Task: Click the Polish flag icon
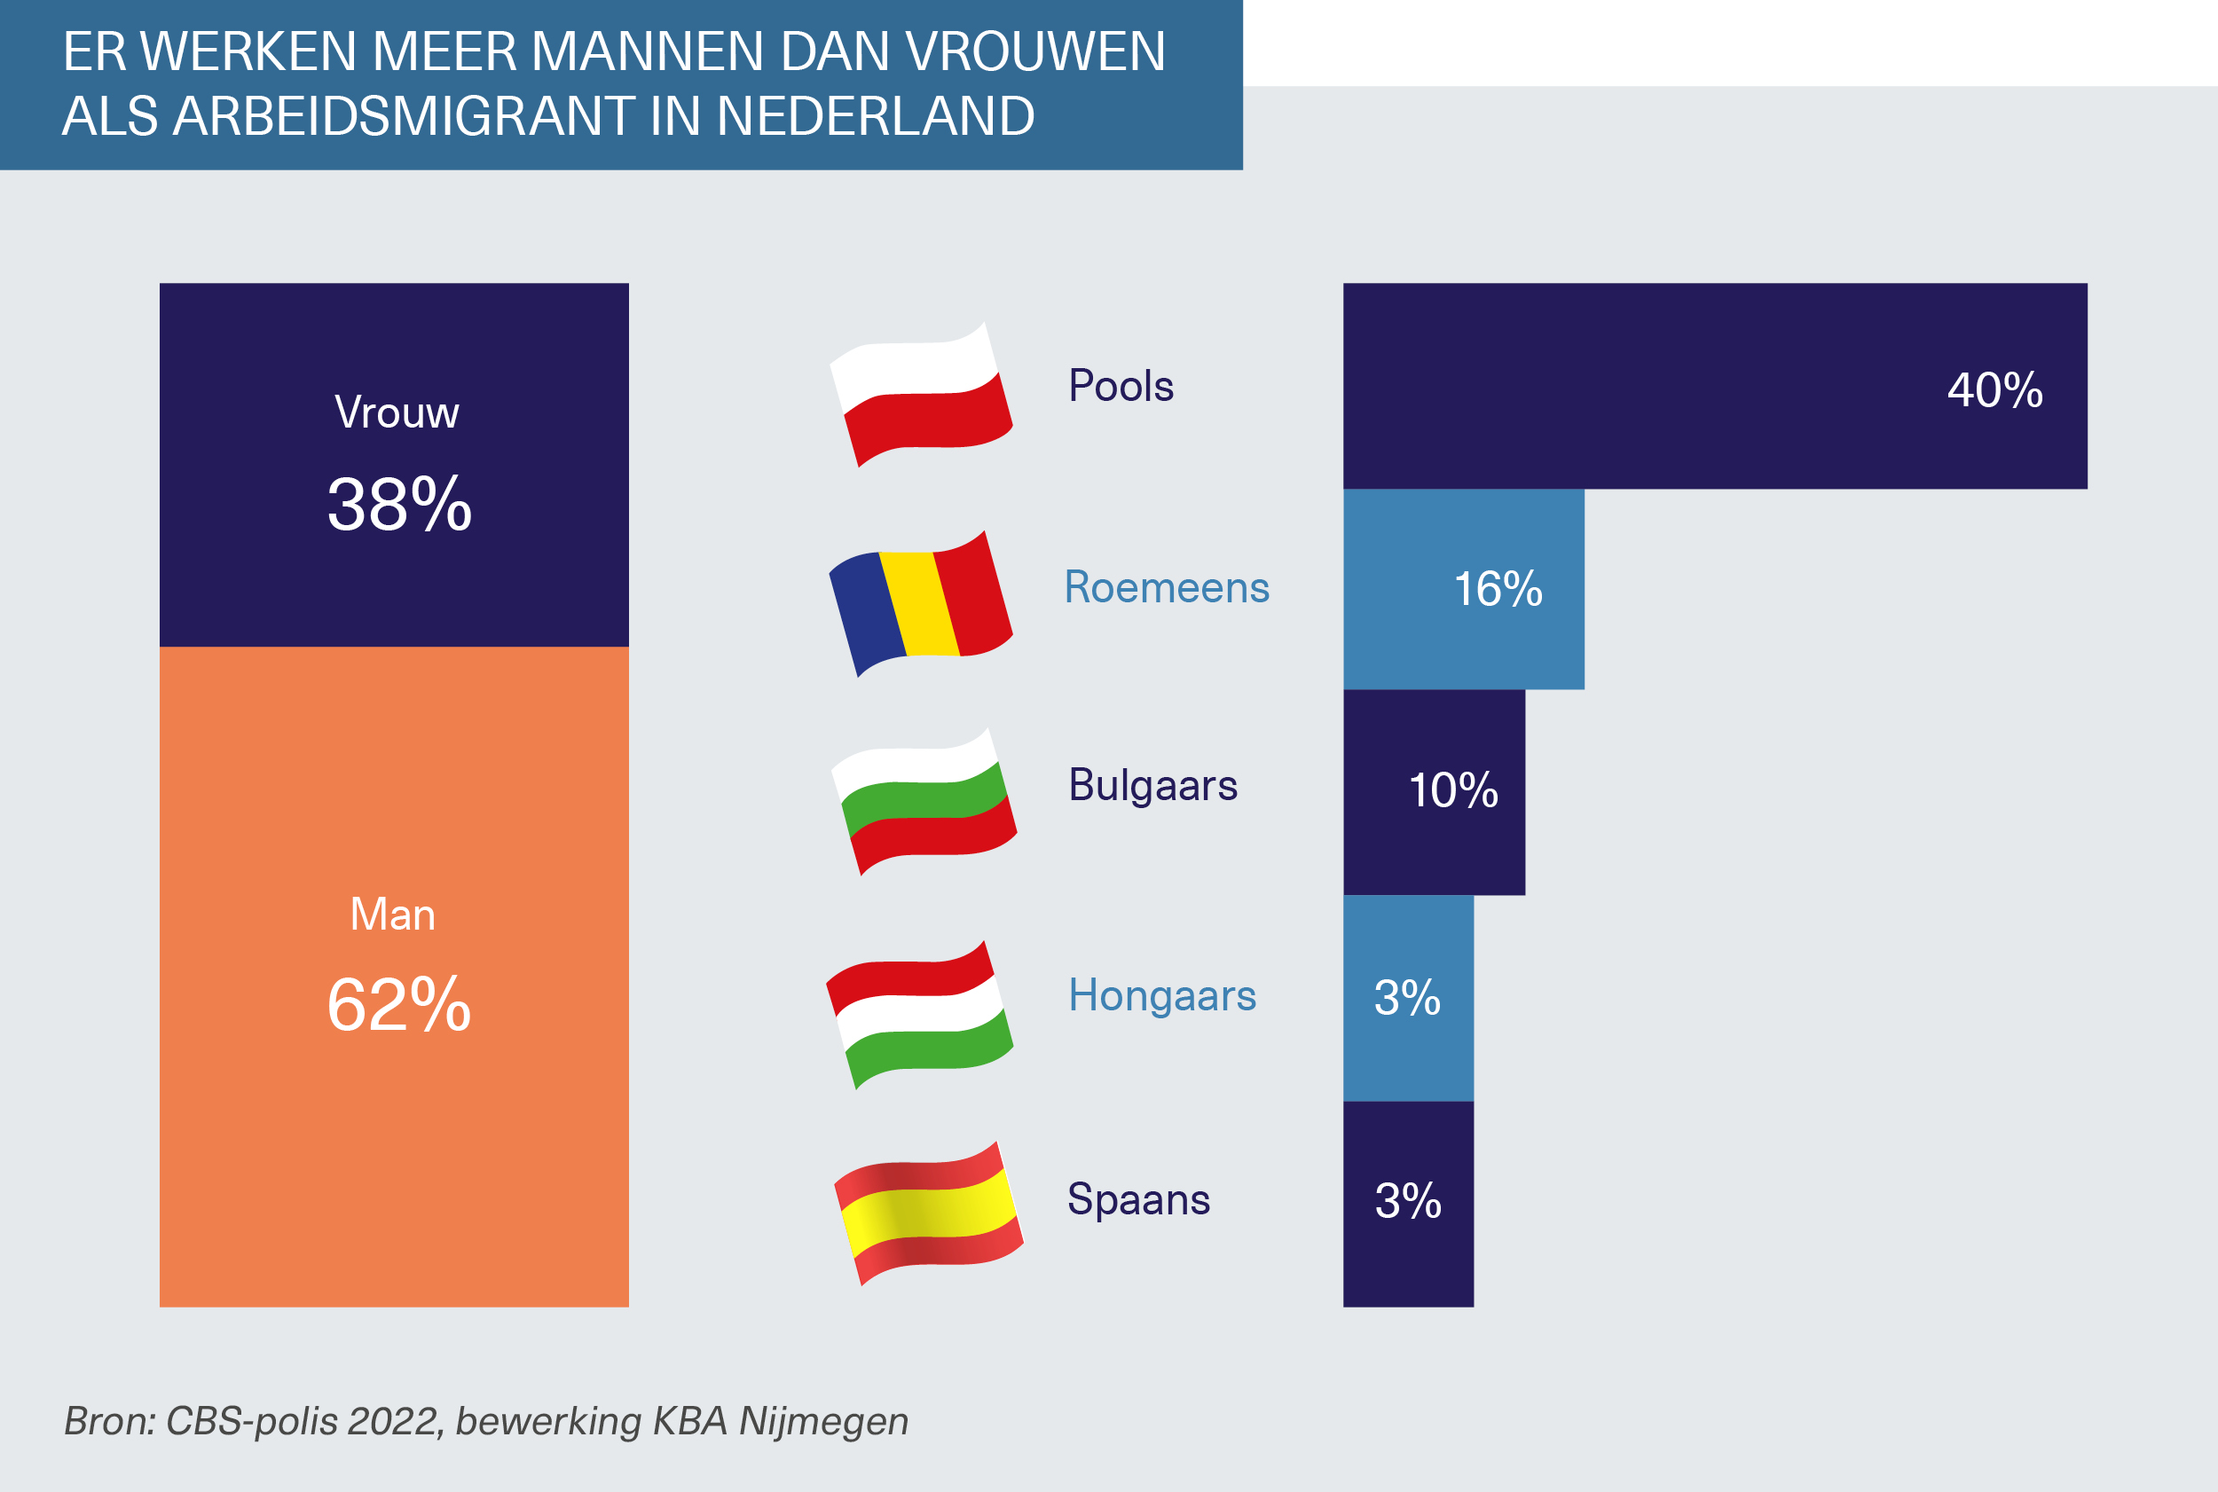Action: (920, 394)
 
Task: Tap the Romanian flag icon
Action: (920, 603)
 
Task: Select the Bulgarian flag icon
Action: (923, 802)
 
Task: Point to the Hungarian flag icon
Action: (919, 1015)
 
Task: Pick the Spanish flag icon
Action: (928, 1214)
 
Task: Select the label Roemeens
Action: (1166, 587)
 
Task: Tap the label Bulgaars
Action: (1152, 786)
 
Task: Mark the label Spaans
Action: (1138, 1199)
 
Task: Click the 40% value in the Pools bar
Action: (1994, 390)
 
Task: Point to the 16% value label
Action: (1497, 589)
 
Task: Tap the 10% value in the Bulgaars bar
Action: (1453, 790)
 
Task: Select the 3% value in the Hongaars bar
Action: (1406, 998)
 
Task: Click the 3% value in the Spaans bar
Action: (1407, 1201)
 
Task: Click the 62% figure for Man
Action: (398, 1005)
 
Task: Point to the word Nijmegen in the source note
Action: (823, 1421)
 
